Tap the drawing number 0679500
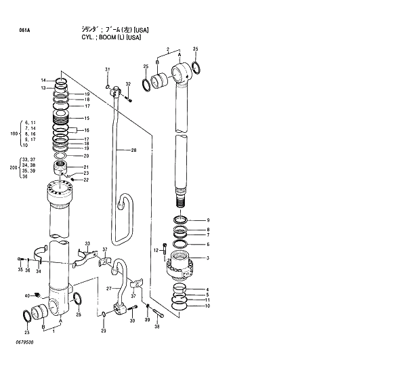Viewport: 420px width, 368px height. (x=21, y=342)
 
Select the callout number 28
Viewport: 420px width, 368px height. (x=133, y=150)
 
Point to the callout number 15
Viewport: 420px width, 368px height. (x=87, y=119)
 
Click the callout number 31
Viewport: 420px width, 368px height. (x=107, y=70)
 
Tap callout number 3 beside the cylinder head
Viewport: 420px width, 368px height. (x=208, y=258)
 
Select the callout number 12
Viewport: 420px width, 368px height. (x=155, y=251)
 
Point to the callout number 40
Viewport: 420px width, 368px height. (x=28, y=295)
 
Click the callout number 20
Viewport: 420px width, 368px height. (x=87, y=156)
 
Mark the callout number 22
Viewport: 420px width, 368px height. (x=87, y=180)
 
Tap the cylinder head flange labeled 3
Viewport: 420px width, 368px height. (x=180, y=266)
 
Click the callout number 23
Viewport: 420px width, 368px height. (x=87, y=173)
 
